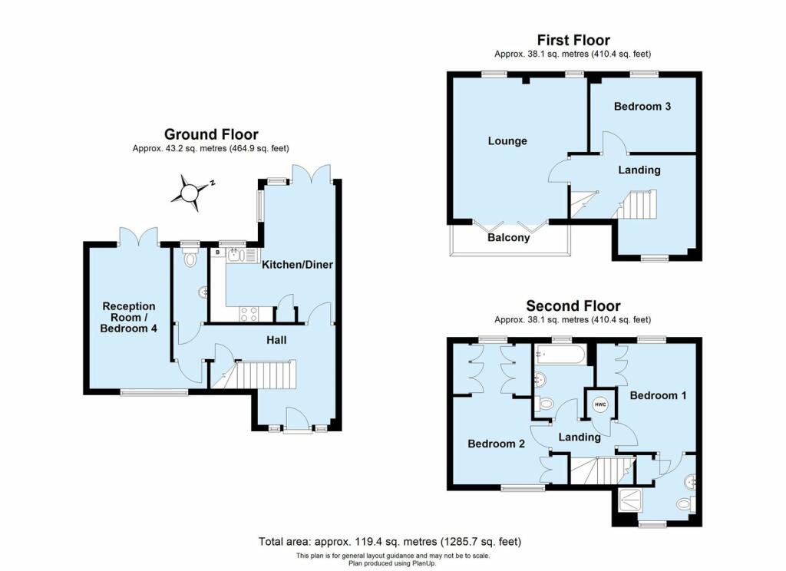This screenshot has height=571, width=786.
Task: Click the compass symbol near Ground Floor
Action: coord(191,193)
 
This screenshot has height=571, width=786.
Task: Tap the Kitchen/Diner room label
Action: coord(297,265)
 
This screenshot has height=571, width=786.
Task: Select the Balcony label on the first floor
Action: coord(508,238)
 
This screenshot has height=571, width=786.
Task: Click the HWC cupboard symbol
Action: coord(600,404)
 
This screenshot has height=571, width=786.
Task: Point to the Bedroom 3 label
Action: coord(642,106)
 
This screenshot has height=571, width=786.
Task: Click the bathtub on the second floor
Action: coord(560,355)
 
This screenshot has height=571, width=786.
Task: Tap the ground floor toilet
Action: coord(190,258)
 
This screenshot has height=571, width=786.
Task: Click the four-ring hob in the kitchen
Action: coord(249,315)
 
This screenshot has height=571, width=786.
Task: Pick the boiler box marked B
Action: coord(217,252)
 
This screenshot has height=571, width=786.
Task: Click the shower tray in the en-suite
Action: coord(629,500)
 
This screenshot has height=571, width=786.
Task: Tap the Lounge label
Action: coord(507,141)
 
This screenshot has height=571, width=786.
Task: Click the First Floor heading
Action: coord(573,40)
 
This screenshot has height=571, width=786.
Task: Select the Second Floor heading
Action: coord(573,305)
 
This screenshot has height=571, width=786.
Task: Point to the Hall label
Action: coord(276,341)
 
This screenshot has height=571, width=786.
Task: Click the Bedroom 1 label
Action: coord(658,395)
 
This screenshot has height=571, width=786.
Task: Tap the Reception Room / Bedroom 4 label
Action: coord(129,317)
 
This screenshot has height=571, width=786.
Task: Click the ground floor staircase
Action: coord(253,374)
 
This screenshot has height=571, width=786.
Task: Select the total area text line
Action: coord(389,541)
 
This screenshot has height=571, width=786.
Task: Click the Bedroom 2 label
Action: coord(496,444)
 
